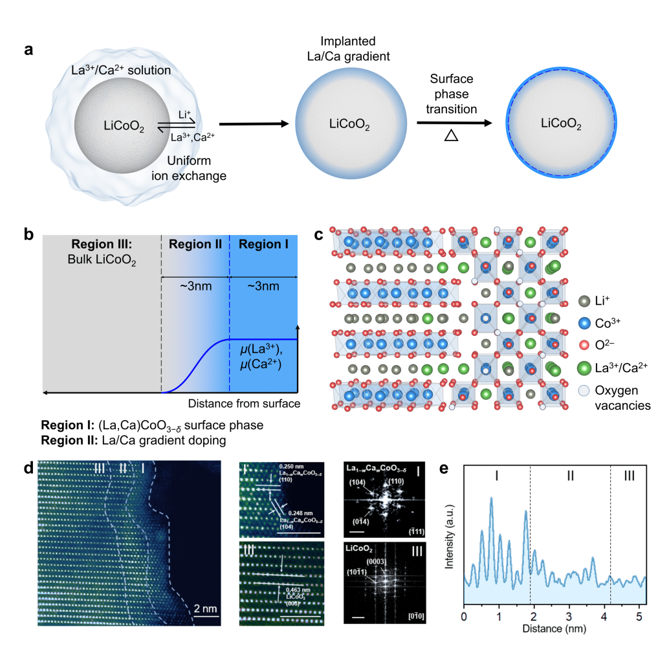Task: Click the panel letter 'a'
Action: pos(28,50)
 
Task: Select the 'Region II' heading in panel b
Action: pos(195,244)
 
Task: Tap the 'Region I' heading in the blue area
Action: pos(264,244)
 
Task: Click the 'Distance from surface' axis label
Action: pos(244,404)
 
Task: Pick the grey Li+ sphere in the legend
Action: pos(584,300)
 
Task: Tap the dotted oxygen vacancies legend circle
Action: pos(584,391)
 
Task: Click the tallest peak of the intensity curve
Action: pos(492,498)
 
